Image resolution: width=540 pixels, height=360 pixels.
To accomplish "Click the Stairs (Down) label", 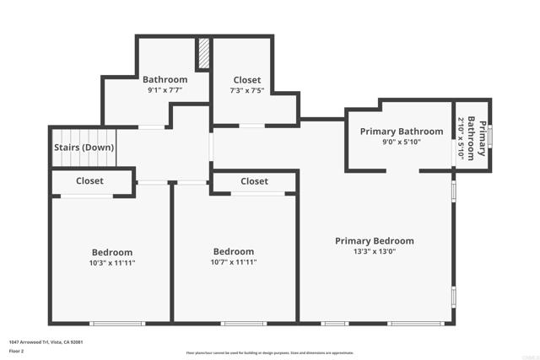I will pos(84,148).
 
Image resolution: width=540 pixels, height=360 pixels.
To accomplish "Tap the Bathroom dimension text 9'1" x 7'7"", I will pos(165,90).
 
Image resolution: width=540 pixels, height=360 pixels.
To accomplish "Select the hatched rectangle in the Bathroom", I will pos(202,55).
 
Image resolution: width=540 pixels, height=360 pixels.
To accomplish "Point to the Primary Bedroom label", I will pos(374,241).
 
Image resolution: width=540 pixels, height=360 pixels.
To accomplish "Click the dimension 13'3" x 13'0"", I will pos(374,251).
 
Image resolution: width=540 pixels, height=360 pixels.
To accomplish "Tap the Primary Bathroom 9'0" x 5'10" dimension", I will pos(402,142).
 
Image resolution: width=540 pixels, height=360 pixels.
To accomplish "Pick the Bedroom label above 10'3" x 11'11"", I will pos(112,252).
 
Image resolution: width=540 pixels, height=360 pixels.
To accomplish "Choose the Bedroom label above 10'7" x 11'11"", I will pos(234,251).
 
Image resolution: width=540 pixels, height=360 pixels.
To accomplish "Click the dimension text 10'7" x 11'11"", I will pos(234,262).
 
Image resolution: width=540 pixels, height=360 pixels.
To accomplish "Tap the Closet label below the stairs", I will pos(90,181).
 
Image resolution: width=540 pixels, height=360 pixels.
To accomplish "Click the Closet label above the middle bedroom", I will pos(254,181).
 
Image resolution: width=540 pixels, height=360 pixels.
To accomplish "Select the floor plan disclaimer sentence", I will pos(269,353).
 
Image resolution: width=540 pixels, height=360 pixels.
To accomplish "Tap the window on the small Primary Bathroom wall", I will pos(490,137).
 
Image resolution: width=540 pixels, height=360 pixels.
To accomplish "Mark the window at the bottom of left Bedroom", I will pos(117,323).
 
